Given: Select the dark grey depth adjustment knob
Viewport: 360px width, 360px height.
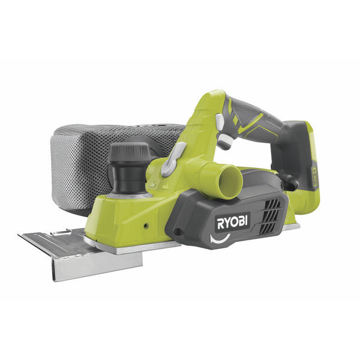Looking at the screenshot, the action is coord(128,152).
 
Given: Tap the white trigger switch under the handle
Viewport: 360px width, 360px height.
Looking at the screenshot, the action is coord(225,140).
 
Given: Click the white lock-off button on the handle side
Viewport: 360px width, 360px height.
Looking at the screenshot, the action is coord(220,121).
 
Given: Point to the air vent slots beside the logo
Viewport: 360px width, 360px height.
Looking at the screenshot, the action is coord(269,216).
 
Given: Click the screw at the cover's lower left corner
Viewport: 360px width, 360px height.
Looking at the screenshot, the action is coord(176,231).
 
